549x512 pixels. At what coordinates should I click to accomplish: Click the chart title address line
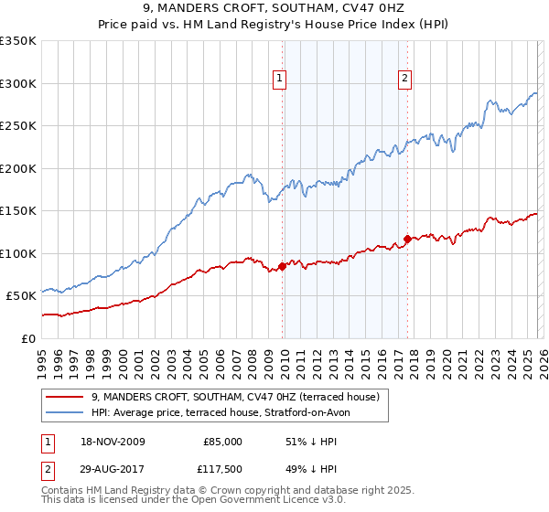point(274,9)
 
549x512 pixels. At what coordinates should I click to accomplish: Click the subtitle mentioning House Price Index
point(274,25)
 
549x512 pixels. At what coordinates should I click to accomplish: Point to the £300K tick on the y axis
point(18,83)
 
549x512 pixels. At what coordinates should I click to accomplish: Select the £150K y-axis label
point(18,210)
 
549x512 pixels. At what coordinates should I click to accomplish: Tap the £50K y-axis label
point(21,295)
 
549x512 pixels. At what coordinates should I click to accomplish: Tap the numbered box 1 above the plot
point(280,80)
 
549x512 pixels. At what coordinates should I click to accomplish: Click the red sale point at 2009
point(282,266)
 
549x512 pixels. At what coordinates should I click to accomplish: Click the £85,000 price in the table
point(221,442)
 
